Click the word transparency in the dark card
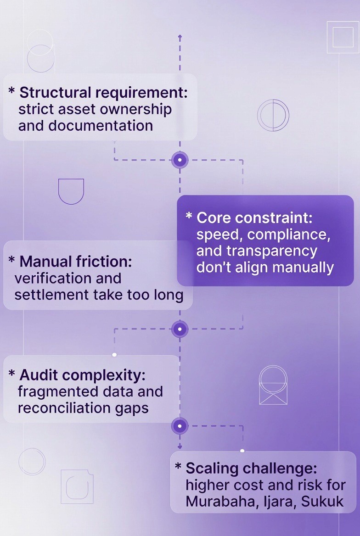tap(257, 251)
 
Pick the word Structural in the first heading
tap(56, 92)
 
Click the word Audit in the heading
tap(38, 375)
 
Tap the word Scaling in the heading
tap(212, 469)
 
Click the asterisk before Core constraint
tap(189, 216)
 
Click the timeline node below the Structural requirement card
tap(180, 160)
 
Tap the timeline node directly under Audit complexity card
tap(180, 426)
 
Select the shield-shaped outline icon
tap(71, 191)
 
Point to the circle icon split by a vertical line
tap(273, 115)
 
